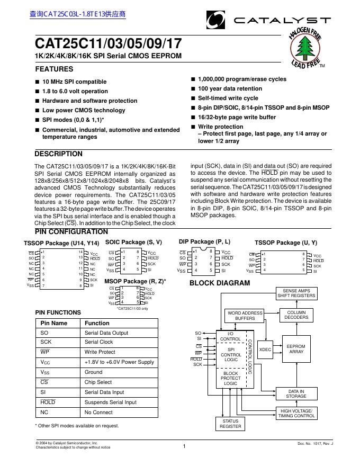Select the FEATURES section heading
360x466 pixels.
(x=54, y=69)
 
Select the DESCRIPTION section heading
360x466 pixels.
(x=58, y=154)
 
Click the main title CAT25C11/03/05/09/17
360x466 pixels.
(x=108, y=43)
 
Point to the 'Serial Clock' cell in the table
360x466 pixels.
(x=99, y=342)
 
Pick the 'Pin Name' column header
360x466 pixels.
(x=54, y=323)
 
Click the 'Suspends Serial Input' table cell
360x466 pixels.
(x=110, y=402)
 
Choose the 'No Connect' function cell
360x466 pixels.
(x=98, y=412)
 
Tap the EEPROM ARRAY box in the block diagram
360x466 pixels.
(x=296, y=348)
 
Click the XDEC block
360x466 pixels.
(x=265, y=349)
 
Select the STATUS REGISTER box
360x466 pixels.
(x=230, y=424)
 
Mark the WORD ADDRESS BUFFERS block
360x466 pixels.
(x=245, y=316)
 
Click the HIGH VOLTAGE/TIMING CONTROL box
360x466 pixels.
(x=296, y=413)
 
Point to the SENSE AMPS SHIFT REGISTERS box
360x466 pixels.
(x=296, y=293)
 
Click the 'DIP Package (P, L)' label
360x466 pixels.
(x=204, y=241)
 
